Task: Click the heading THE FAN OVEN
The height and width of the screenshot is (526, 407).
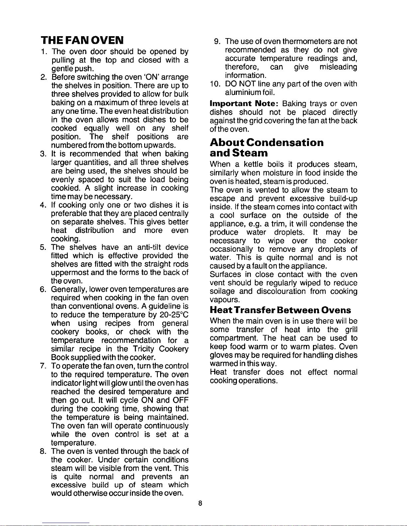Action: coord(82,40)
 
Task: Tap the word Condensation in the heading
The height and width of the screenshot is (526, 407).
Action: coord(285,143)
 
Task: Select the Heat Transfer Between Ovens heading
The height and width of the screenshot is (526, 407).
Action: coord(280,310)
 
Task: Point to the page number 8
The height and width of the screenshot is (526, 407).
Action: coord(200,503)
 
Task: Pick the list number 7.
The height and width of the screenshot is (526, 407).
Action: coord(43,366)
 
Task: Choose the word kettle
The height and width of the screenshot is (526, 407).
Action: coord(254,165)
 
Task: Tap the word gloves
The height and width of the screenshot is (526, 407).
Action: coord(220,355)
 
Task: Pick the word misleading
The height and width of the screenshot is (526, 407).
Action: coord(338,67)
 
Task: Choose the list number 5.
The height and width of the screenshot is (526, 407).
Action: coord(43,247)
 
